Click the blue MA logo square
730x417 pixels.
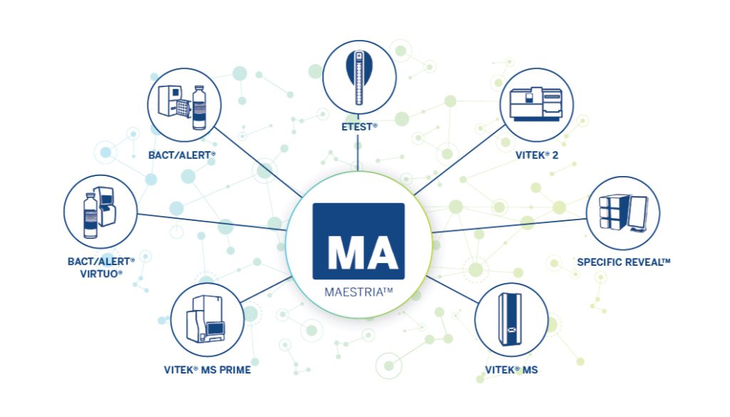point(359,241)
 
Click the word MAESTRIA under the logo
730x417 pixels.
point(355,292)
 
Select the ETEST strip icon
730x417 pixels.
point(359,77)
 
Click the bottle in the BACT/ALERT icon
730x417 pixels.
point(199,108)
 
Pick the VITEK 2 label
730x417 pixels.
point(536,155)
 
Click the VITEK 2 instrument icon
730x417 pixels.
point(536,104)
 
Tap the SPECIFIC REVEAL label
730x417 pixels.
point(623,262)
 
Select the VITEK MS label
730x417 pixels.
point(511,370)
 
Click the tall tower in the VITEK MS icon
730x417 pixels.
point(510,319)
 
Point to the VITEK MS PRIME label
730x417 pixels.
point(207,370)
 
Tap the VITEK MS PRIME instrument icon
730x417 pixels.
point(206,319)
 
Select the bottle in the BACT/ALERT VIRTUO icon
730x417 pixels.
point(91,215)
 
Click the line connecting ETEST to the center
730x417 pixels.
point(358,151)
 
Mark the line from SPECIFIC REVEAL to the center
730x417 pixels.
point(509,225)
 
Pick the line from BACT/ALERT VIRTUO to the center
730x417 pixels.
point(212,222)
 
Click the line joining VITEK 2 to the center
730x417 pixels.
point(460,160)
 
